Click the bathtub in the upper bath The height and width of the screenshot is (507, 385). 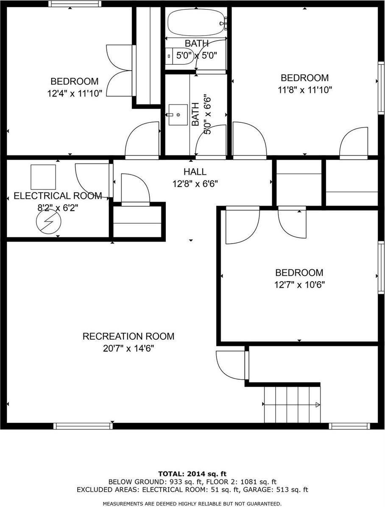pos(196,22)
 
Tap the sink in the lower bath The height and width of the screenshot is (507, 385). pos(177,115)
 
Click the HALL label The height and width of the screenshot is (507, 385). pos(195,172)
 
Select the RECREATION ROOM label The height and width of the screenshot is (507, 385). pos(128,336)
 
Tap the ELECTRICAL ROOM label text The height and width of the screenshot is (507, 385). pos(58,196)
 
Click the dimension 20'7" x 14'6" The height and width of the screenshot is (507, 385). pos(128,349)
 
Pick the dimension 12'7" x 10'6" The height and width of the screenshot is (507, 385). pos(299,285)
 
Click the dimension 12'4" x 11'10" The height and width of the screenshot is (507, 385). pos(75,94)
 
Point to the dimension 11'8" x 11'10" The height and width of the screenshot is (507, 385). pos(305,90)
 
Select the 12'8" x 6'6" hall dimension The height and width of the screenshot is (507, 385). pos(195,184)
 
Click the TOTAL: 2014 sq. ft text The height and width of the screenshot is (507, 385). pos(192,474)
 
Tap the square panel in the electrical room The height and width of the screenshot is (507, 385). pos(43,177)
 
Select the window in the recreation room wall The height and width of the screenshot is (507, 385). pos(83,426)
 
